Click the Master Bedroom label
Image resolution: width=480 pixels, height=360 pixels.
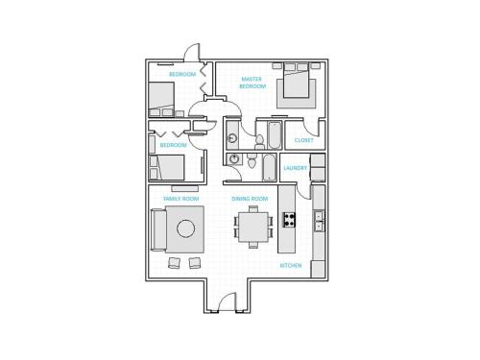tap(252, 83)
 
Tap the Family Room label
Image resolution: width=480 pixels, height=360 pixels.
tap(181, 199)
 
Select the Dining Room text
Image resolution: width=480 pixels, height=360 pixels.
tap(250, 199)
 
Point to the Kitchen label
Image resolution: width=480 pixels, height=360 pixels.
tap(291, 266)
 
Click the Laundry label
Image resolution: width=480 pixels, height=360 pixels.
tap(295, 168)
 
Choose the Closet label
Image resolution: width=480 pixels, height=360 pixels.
tap(303, 140)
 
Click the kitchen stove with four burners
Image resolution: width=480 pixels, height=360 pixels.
tap(289, 220)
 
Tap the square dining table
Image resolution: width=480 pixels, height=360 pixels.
tap(253, 227)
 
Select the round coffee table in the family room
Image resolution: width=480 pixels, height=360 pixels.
tap(185, 228)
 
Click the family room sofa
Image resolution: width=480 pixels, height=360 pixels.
tap(158, 229)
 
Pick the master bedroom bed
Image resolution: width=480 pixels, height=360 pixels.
tap(296, 81)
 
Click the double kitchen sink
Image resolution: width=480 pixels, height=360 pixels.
tap(319, 221)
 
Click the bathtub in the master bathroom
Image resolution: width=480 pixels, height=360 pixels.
tap(275, 135)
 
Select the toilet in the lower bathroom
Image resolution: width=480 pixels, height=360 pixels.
tap(252, 162)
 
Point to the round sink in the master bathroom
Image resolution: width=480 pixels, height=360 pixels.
tap(232, 138)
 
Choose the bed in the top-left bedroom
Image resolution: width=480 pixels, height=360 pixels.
tap(161, 100)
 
